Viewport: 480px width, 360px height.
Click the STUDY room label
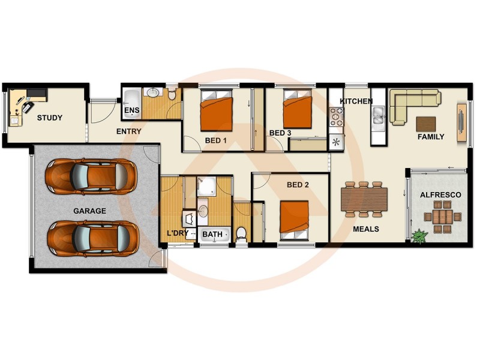click(49, 118)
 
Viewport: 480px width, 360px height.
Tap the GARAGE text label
click(89, 211)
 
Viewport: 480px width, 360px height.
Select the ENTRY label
click(128, 132)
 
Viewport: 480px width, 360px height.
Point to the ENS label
click(131, 111)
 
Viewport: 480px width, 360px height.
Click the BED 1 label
click(216, 142)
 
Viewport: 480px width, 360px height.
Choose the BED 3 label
click(280, 133)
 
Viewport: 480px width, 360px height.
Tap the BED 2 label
click(298, 185)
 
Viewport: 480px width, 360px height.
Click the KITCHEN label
click(356, 101)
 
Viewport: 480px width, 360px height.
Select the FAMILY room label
click(431, 137)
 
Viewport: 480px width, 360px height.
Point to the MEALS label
click(365, 229)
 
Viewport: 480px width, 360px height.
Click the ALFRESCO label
click(440, 195)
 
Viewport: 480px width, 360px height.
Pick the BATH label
click(212, 234)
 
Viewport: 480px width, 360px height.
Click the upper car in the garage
click(91, 176)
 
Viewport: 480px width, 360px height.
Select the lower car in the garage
click(93, 238)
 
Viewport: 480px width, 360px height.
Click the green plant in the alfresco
click(418, 236)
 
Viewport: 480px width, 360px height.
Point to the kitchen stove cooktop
click(336, 116)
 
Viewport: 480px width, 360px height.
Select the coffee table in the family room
click(426, 124)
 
